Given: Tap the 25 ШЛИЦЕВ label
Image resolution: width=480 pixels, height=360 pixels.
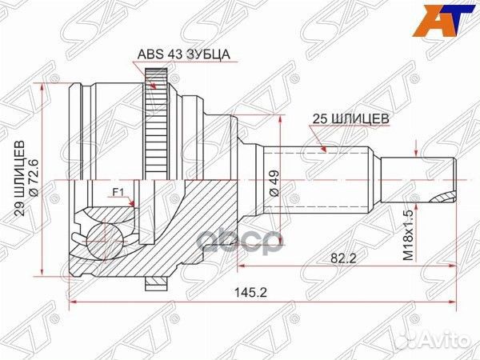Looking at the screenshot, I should tap(350, 117).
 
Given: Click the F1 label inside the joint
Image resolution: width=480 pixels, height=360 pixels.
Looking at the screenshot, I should tap(118, 192).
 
